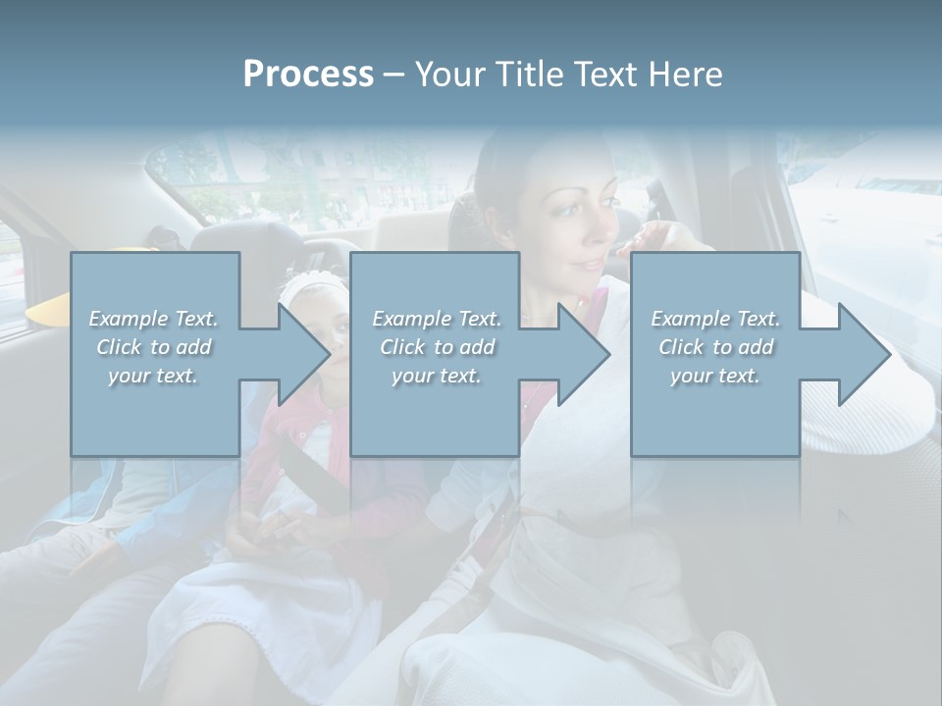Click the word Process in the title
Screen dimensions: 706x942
pyautogui.click(x=308, y=74)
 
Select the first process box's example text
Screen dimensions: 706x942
pyautogui.click(x=154, y=347)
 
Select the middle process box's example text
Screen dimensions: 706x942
pyautogui.click(x=437, y=347)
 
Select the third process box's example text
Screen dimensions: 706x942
pyautogui.click(x=715, y=347)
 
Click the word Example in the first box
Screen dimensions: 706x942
pyautogui.click(x=129, y=319)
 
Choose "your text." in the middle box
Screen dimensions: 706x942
pyautogui.click(x=437, y=376)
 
